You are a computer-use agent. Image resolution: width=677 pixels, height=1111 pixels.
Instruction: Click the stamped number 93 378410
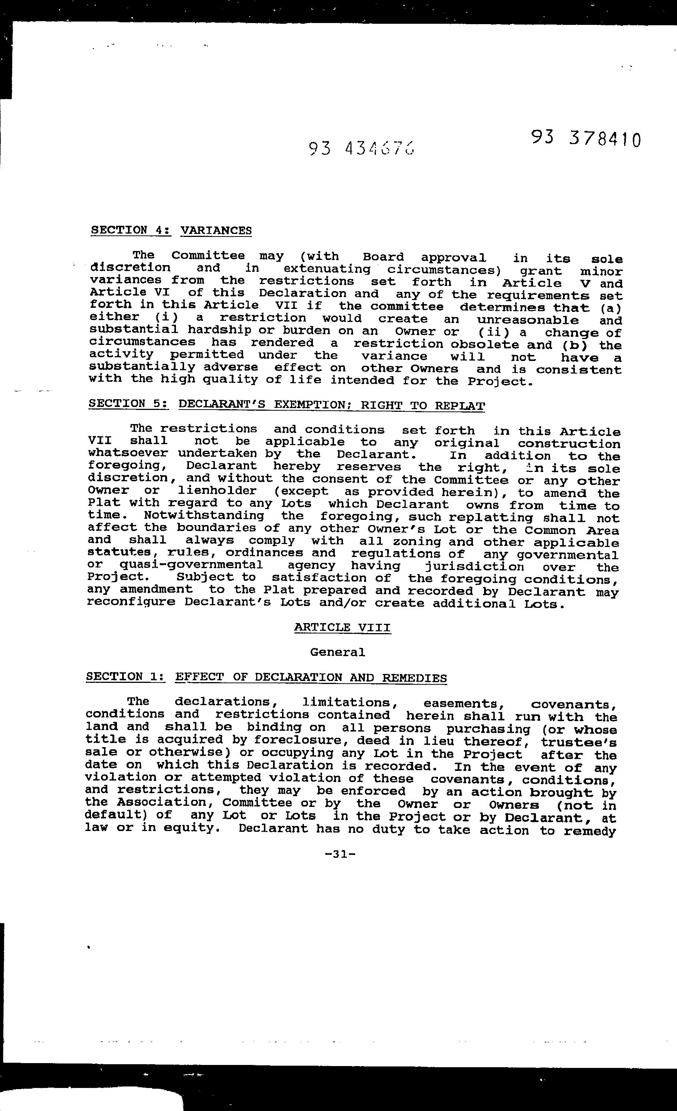click(x=585, y=139)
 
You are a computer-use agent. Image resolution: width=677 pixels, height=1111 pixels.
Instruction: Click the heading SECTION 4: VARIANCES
click(x=171, y=230)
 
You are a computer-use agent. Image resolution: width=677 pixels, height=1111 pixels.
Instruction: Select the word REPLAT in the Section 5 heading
click(x=460, y=405)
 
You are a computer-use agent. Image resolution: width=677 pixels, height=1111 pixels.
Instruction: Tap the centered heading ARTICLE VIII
click(x=342, y=627)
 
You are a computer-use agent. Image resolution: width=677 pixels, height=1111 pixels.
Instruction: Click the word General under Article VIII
click(x=337, y=652)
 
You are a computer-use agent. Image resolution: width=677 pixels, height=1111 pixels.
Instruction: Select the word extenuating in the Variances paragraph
click(x=326, y=269)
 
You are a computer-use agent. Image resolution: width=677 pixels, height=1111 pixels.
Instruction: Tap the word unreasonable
click(x=521, y=320)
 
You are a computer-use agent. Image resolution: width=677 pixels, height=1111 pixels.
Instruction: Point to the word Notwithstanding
click(x=204, y=515)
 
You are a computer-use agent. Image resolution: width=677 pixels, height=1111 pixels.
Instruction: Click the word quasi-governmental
click(x=191, y=565)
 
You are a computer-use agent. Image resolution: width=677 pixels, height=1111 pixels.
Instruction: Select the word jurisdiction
click(x=475, y=567)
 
